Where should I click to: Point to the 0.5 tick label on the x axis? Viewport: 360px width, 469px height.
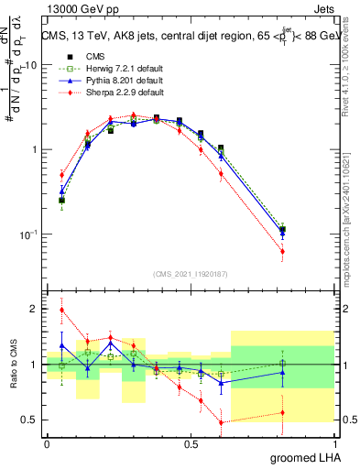coord(191,444)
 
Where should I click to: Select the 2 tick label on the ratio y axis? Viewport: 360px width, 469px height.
coord(35,309)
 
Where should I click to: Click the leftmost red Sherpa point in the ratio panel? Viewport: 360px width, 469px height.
coord(61,310)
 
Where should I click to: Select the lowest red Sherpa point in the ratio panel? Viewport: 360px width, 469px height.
coord(221,422)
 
